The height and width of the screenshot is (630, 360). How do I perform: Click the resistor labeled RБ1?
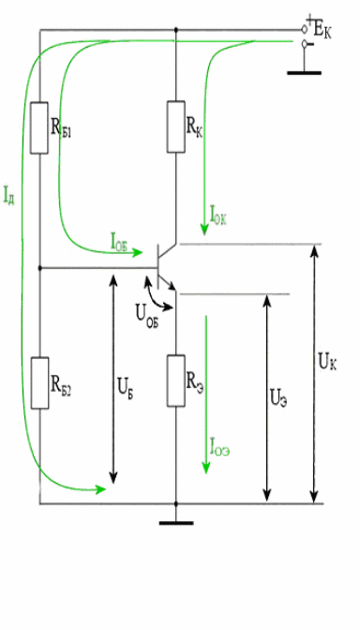click(39, 127)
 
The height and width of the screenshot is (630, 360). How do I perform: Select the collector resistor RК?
click(176, 127)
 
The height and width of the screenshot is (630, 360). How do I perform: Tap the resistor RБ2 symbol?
click(39, 382)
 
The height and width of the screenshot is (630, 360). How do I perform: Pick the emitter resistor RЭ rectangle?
click(176, 381)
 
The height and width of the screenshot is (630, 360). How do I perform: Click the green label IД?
click(8, 194)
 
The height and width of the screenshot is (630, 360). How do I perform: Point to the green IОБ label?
click(118, 241)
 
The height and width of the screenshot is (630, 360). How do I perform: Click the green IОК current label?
click(218, 215)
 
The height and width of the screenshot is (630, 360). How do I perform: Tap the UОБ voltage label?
click(147, 318)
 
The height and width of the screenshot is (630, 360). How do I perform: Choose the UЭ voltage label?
click(278, 398)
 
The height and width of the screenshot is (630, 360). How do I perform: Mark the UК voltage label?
click(327, 360)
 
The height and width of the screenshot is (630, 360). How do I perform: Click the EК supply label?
click(322, 31)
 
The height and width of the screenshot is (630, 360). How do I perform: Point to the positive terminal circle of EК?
click(305, 29)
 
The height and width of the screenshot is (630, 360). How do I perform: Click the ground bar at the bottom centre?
click(176, 523)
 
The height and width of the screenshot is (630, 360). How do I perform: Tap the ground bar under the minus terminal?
click(304, 73)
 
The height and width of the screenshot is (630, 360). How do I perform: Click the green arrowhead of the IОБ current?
click(138, 252)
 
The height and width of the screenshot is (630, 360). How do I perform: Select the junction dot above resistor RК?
click(176, 30)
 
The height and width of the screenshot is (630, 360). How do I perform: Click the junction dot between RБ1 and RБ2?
click(39, 267)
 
